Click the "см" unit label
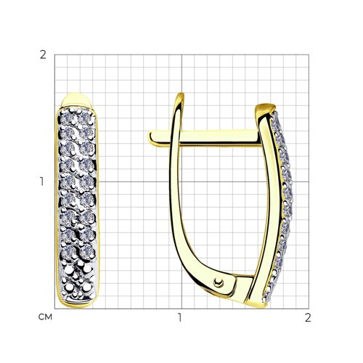(45, 317)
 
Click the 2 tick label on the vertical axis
(43, 55)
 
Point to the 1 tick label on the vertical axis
(42, 181)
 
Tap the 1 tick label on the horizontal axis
(179, 317)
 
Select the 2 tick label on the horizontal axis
(308, 317)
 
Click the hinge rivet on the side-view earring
(218, 282)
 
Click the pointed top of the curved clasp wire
(180, 94)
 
